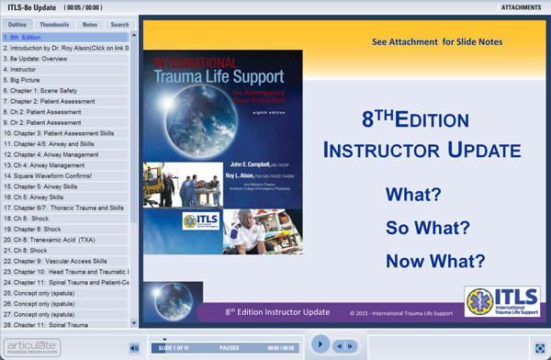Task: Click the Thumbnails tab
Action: click(x=53, y=25)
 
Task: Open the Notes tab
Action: click(x=88, y=25)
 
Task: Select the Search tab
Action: click(x=119, y=25)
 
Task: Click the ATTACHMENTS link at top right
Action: click(x=520, y=7)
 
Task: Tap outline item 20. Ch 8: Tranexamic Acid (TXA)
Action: click(x=54, y=240)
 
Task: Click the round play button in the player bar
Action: click(x=320, y=344)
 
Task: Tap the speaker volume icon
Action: click(x=134, y=347)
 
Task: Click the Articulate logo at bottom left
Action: click(x=31, y=347)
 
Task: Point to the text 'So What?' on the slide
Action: click(x=428, y=228)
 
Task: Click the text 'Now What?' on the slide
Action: click(x=428, y=261)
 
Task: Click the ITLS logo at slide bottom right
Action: click(x=501, y=301)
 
